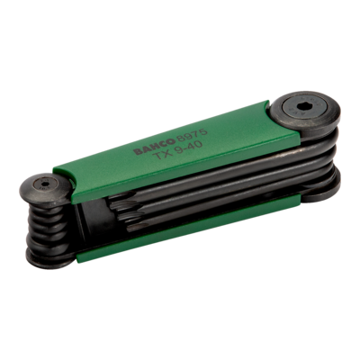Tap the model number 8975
click(x=192, y=134)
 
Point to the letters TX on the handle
click(x=163, y=155)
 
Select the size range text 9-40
click(x=189, y=148)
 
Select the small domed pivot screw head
click(x=46, y=187)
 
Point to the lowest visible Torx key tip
click(x=134, y=227)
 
